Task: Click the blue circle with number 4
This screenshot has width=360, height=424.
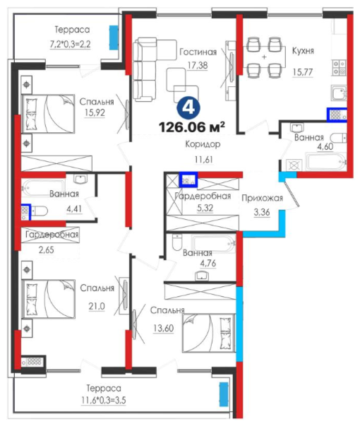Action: point(188,108)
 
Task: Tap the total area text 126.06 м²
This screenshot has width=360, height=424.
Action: point(192,126)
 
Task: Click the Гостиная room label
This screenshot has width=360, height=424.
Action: point(198,52)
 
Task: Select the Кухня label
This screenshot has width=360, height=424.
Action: point(303,51)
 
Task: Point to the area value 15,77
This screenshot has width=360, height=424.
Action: point(303,72)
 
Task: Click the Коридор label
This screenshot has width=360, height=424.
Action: point(203,144)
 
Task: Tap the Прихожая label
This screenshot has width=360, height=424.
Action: point(263,198)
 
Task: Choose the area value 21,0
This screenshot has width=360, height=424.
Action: point(97,307)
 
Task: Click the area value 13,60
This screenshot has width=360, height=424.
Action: point(164,329)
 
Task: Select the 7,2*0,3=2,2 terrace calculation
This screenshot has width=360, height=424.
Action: point(70,44)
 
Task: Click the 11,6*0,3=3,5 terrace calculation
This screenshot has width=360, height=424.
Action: point(104,400)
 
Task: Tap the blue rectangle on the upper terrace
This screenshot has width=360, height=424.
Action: point(114,37)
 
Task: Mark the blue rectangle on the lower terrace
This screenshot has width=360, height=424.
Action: point(224,394)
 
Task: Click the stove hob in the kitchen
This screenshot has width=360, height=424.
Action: point(339,67)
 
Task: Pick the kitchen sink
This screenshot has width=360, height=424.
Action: point(339,93)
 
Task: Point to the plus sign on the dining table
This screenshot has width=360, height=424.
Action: point(264,57)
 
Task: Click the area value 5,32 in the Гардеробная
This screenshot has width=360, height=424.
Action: point(205,208)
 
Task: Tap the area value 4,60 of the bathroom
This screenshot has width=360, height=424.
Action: point(325,146)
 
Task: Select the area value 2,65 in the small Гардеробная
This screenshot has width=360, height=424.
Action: point(46,250)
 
